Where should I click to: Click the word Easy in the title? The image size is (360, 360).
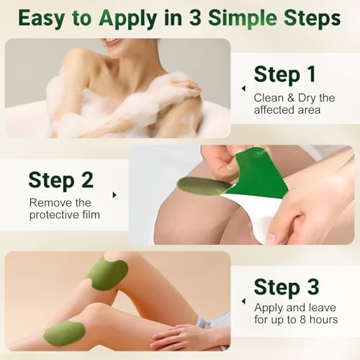[x=42, y=18]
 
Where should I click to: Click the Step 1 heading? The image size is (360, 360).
[x=286, y=73]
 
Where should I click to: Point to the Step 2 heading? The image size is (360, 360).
[x=60, y=179]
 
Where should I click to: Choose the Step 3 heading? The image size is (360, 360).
[x=287, y=286]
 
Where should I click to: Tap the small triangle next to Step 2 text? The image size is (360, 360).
[x=114, y=194]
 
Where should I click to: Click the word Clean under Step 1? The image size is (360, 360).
[x=268, y=96]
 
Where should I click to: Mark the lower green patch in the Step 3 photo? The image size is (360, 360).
[x=63, y=333]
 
